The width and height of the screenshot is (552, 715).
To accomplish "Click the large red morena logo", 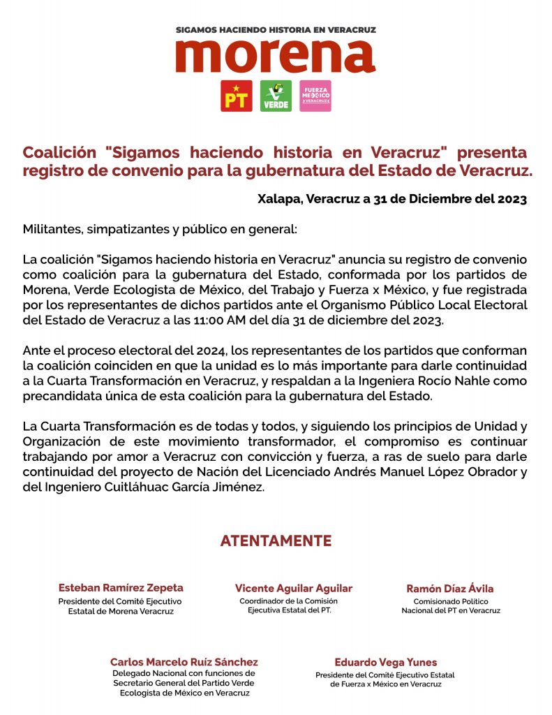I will (275, 57).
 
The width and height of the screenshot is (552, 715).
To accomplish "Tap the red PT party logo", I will (237, 96).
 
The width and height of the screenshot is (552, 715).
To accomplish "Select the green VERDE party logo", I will (276, 96).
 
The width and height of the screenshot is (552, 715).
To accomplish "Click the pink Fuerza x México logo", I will (315, 96).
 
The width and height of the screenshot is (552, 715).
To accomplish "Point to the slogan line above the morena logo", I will (276, 30).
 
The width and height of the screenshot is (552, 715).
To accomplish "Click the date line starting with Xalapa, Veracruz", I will (391, 198).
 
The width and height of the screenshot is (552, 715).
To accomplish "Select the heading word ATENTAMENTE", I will (276, 541).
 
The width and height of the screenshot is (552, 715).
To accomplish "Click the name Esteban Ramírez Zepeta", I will (121, 588).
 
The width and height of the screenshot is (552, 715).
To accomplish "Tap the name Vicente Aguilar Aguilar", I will (294, 589).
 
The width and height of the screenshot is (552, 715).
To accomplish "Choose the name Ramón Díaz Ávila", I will (450, 589).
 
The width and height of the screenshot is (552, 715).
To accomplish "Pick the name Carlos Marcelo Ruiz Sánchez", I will (184, 662).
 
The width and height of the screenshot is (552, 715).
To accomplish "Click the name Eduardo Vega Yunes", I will (386, 662).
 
